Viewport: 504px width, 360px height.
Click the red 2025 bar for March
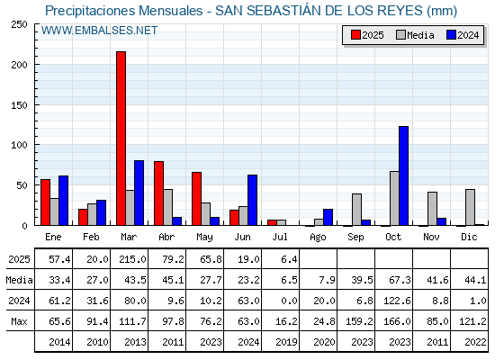[121, 139]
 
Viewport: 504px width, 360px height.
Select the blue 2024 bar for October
[404, 175]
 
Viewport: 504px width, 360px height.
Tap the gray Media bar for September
[356, 210]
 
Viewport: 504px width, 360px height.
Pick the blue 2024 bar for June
[252, 200]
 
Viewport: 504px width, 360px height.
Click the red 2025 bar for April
[158, 193]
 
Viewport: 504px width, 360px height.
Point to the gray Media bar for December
[470, 207]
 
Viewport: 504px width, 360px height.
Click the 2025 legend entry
[367, 35]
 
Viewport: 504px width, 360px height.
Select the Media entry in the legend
[415, 35]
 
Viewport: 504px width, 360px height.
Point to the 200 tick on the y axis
[19, 65]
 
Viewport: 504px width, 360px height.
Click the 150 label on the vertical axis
[19, 105]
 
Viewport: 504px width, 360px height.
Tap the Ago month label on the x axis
[318, 238]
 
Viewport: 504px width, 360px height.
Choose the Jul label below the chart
[280, 237]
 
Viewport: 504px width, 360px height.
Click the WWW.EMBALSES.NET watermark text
[99, 31]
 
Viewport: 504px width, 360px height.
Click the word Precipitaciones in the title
[90, 11]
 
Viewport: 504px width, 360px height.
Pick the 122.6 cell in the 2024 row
[397, 301]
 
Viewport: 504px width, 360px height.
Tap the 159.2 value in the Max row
[359, 321]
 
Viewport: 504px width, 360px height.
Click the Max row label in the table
[19, 321]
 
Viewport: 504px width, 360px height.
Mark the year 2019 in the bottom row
[286, 342]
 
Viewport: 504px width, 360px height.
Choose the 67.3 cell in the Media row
[400, 280]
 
